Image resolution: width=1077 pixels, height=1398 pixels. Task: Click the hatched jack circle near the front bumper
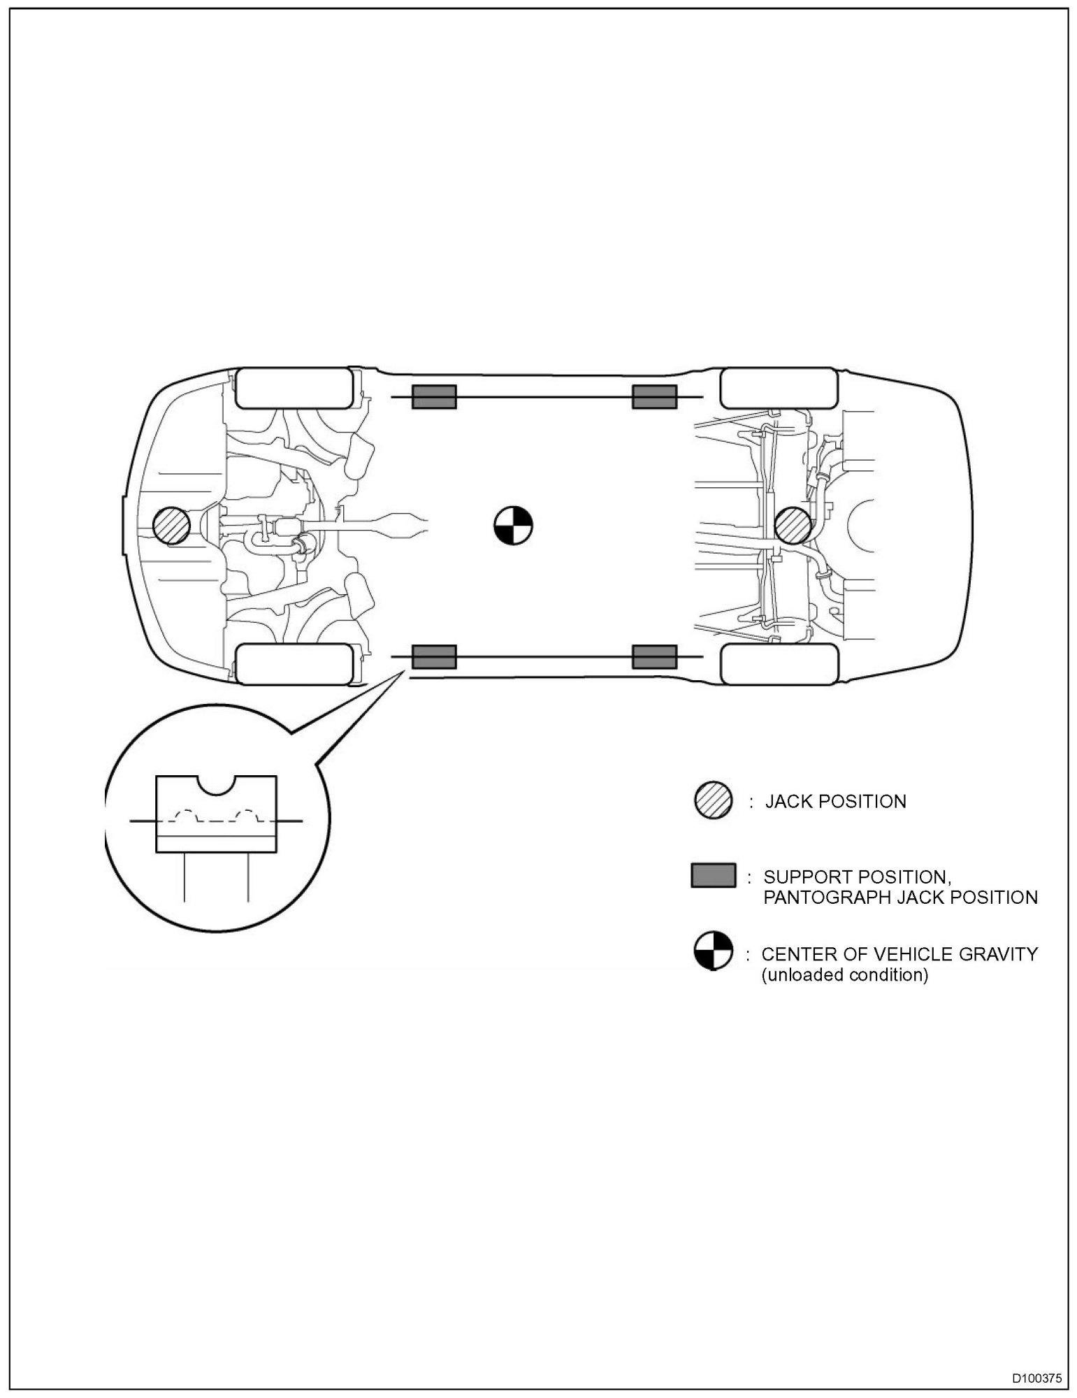tap(171, 526)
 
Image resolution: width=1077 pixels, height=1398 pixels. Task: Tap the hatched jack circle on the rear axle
tap(794, 525)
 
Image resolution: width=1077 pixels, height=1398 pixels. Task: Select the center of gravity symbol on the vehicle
tap(514, 526)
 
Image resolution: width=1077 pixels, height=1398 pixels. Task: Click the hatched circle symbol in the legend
tap(713, 800)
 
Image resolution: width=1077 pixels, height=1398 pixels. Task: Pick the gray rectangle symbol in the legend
tap(713, 875)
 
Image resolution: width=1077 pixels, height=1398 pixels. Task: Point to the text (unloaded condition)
tap(844, 974)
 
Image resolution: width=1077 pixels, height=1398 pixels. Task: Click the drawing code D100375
tap(1036, 1378)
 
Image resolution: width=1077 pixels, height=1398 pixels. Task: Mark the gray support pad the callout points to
tap(433, 657)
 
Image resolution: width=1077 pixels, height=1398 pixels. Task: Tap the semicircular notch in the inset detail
tap(216, 784)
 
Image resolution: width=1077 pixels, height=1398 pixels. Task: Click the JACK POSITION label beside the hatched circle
tap(836, 801)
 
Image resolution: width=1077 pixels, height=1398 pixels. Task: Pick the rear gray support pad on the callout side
tap(654, 657)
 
